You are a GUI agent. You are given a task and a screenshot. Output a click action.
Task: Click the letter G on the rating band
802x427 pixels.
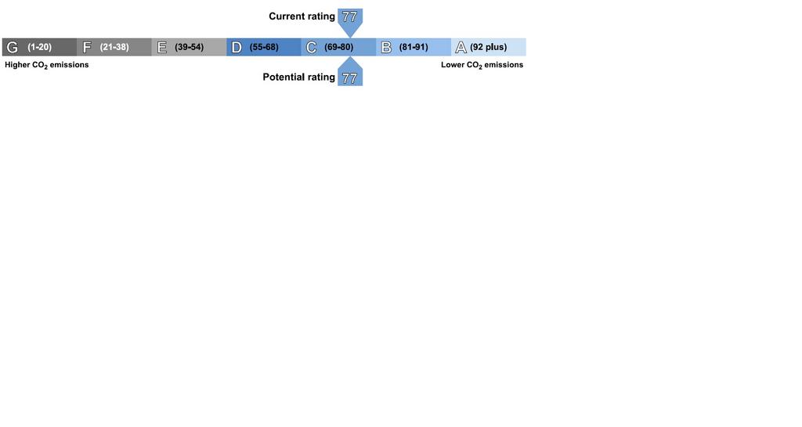[x=12, y=48]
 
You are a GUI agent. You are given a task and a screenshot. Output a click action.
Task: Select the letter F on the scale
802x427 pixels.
[x=87, y=48]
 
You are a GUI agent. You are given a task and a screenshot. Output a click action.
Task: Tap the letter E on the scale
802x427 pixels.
[x=162, y=48]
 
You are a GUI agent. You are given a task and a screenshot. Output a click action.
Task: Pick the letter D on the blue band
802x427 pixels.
[x=237, y=48]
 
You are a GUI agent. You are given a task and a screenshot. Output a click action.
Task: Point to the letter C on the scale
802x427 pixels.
[x=311, y=48]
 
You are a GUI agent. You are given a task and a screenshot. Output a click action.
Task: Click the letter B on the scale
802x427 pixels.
[x=386, y=48]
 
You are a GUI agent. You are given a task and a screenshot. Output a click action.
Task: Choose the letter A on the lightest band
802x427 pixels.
[x=461, y=48]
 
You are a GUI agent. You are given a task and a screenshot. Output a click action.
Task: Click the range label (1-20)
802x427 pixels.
[x=39, y=47]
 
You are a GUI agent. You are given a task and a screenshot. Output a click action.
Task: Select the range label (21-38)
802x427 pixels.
[x=114, y=47]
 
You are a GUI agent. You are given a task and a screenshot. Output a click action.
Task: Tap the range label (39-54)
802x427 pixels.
[x=190, y=47]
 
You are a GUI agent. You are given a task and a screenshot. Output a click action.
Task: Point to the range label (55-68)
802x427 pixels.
[x=264, y=47]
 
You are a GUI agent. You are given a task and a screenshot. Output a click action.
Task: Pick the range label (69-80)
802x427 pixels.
[x=338, y=47]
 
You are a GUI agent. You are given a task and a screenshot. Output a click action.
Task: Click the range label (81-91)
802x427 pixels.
[x=414, y=47]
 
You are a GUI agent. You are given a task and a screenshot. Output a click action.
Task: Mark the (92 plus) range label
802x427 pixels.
[x=489, y=47]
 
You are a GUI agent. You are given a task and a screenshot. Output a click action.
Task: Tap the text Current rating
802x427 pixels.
[x=302, y=16]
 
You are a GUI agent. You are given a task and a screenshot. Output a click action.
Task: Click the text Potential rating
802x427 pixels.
[x=298, y=77]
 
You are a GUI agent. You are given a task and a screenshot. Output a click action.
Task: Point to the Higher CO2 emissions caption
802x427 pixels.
[x=46, y=65]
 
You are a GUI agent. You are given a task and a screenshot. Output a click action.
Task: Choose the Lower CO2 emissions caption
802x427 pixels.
[x=482, y=65]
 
